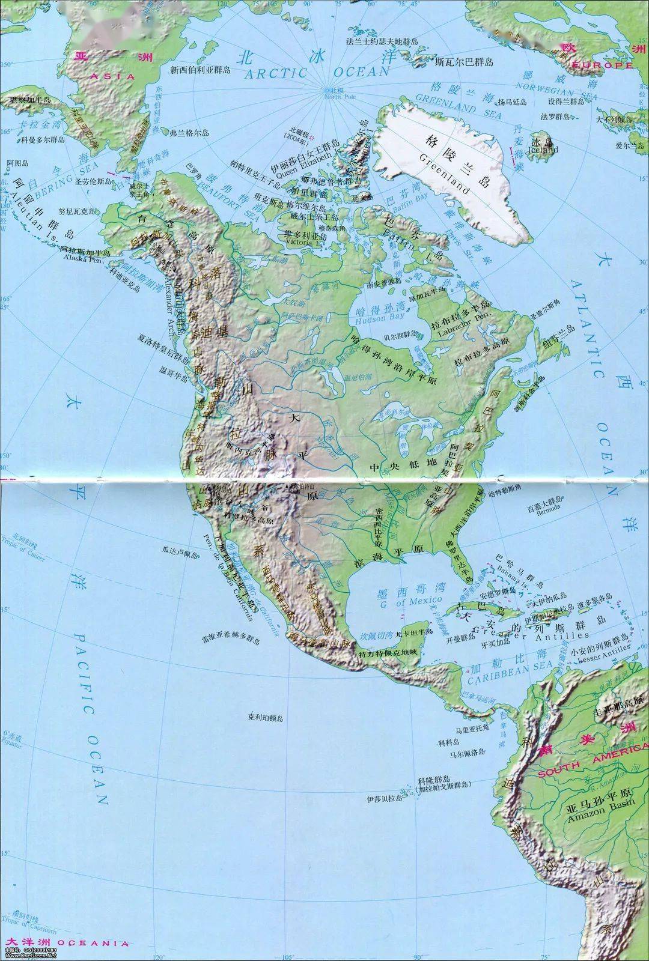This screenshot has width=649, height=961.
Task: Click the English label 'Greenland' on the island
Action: [445, 175]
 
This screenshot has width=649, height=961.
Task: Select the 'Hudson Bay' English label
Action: [381, 316]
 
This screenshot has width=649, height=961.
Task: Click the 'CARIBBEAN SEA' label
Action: [510, 675]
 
